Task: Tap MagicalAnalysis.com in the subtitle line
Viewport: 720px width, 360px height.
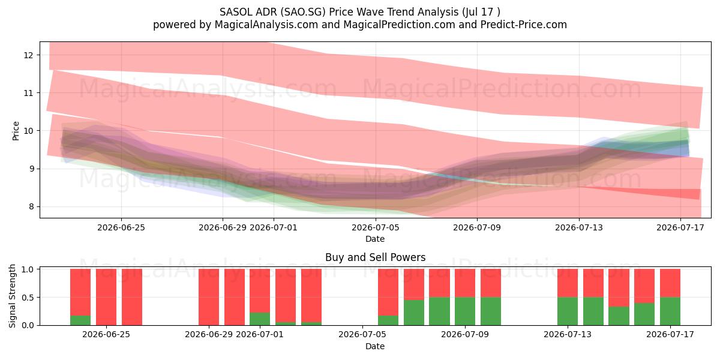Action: pos(266,25)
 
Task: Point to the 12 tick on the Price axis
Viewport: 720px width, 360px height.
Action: pos(28,55)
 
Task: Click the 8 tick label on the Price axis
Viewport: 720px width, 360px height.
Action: pos(31,206)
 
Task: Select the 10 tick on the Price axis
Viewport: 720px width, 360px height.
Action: pos(28,131)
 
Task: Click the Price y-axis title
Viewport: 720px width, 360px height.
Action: pos(16,131)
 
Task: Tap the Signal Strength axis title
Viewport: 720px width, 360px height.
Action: pos(12,296)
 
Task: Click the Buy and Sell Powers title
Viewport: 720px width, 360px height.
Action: pos(375,257)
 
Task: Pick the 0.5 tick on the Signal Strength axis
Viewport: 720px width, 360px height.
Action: pos(28,298)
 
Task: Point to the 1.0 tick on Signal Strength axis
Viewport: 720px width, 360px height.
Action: pos(28,269)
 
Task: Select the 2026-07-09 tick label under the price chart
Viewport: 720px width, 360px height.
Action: pos(477,228)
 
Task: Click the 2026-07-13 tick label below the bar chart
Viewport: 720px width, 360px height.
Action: pos(568,335)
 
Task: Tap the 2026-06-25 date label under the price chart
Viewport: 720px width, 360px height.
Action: pos(121,228)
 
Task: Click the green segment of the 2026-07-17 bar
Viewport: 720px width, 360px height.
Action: pos(670,311)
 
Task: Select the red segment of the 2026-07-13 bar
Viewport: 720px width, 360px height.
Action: pos(568,283)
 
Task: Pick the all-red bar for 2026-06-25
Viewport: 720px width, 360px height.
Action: pos(106,298)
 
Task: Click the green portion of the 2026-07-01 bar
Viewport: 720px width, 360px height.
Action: pos(260,319)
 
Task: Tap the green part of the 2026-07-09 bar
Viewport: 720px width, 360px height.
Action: pos(465,311)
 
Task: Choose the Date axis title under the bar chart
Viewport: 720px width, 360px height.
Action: pos(375,346)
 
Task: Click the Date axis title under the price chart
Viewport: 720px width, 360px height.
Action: pos(375,239)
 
